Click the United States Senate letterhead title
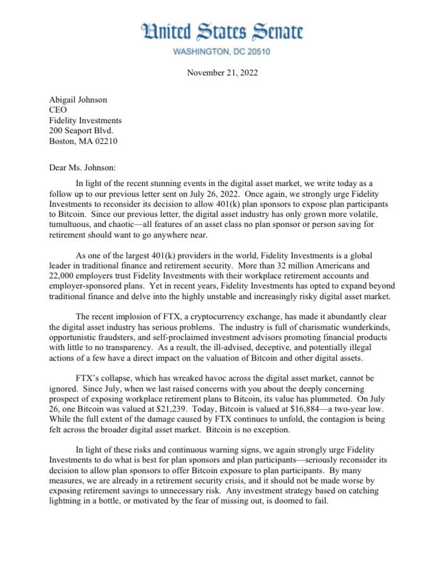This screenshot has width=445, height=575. point(222,31)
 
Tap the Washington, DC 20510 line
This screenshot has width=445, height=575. point(222,52)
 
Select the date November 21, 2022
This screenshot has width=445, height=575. point(222,73)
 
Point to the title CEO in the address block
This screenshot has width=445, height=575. point(58,110)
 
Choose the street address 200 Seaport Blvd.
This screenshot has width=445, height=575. point(81,131)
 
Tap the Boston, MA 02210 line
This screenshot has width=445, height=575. point(83,141)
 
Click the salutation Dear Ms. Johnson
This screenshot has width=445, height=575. point(82,168)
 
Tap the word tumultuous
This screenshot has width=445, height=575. point(75,224)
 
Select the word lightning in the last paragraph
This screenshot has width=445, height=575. point(73,501)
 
